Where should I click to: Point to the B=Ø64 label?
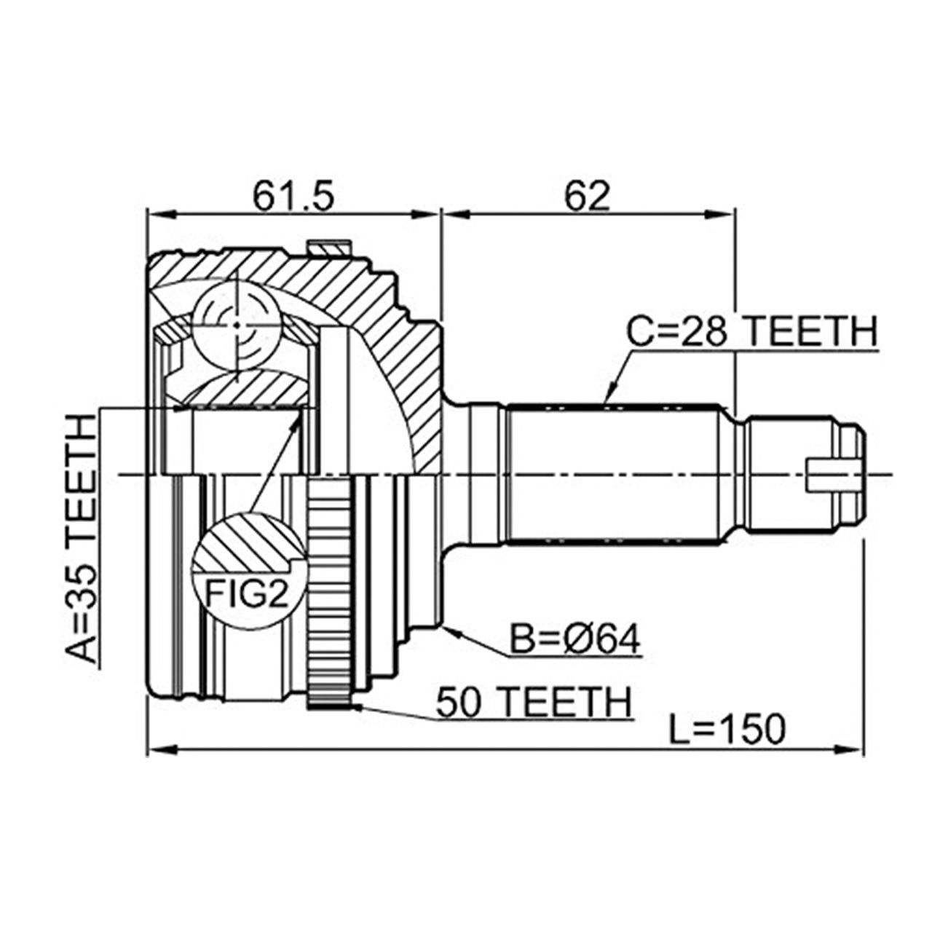tap(575, 641)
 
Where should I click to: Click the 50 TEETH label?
tap(533, 703)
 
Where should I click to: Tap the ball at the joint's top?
tap(237, 325)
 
